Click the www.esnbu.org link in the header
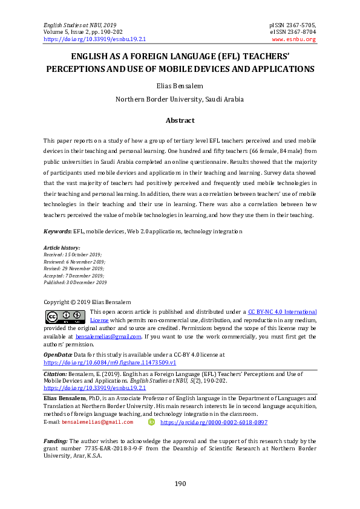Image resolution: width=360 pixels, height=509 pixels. coord(293,39)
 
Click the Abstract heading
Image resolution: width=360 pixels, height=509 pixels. coord(180,120)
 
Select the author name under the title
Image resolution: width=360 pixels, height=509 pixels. coord(180,86)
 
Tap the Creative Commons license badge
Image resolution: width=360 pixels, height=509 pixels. coord(65,317)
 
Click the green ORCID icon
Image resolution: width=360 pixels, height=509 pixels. coord(151,422)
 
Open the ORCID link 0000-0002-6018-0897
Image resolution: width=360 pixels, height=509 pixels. coord(214,423)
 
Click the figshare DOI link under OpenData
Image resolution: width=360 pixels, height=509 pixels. coord(110,362)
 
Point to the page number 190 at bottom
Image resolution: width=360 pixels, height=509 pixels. coord(180,484)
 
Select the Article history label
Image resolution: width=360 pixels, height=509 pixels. coord(62,248)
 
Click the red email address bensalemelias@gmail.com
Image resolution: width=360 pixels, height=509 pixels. coord(97,423)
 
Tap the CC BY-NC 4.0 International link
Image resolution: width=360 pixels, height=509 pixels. coord(283,312)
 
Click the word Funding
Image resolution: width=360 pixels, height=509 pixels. coord(56,441)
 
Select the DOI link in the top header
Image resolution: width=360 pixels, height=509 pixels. coord(94,39)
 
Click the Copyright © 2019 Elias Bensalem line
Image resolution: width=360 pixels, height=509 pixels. coord(87,302)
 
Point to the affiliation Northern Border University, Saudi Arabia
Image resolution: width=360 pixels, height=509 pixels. coord(180,99)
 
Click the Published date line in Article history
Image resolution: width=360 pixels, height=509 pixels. coord(75,282)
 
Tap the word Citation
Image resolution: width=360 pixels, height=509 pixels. coord(55,374)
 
